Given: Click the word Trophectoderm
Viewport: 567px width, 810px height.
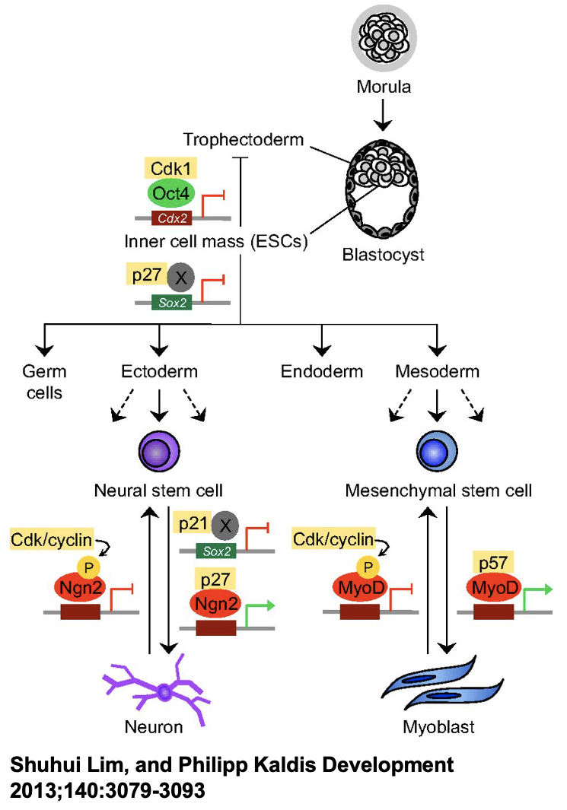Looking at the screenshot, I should point(243,140).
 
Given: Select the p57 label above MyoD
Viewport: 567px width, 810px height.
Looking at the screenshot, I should point(493,564).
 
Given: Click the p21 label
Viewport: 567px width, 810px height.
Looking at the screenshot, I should point(193,524).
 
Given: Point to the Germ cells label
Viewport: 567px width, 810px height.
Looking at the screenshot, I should point(45,383).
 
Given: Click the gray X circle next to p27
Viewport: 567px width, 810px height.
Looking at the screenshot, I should point(180,278).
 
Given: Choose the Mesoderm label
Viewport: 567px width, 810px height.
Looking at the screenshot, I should point(438,372).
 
